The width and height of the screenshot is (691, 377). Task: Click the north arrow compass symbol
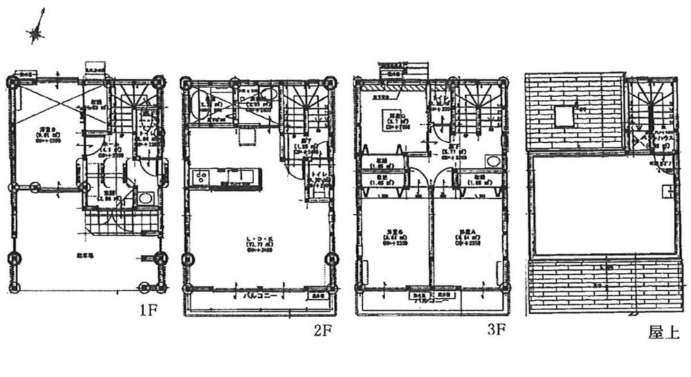[x=37, y=29]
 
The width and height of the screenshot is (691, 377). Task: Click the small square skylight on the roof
[x=565, y=116]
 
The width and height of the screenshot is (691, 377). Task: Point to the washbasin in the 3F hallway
[x=492, y=161]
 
